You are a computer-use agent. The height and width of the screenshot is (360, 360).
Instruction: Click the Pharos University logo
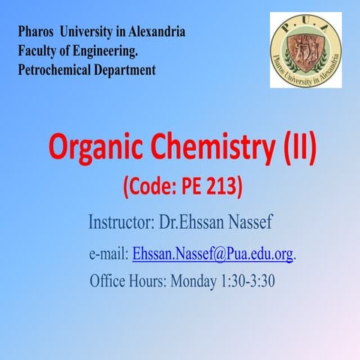pyautogui.click(x=305, y=50)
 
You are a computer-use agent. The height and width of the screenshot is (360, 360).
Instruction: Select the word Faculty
pyautogui.click(x=37, y=52)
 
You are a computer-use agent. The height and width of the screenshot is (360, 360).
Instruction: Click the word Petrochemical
pyautogui.click(x=55, y=71)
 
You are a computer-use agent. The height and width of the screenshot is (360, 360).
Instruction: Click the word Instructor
pyautogui.click(x=120, y=223)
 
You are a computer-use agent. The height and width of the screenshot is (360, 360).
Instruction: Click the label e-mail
pyautogui.click(x=109, y=254)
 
